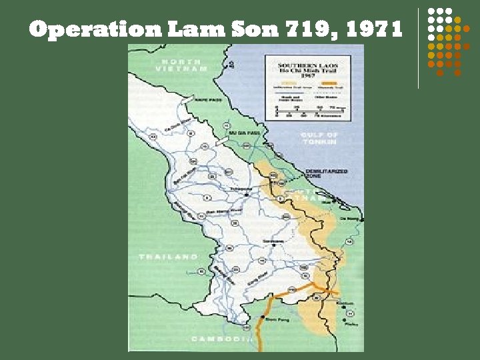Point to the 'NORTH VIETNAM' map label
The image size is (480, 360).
click(x=180, y=65)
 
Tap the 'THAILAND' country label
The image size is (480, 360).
click(x=169, y=256)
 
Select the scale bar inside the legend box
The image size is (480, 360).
click(x=307, y=109)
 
